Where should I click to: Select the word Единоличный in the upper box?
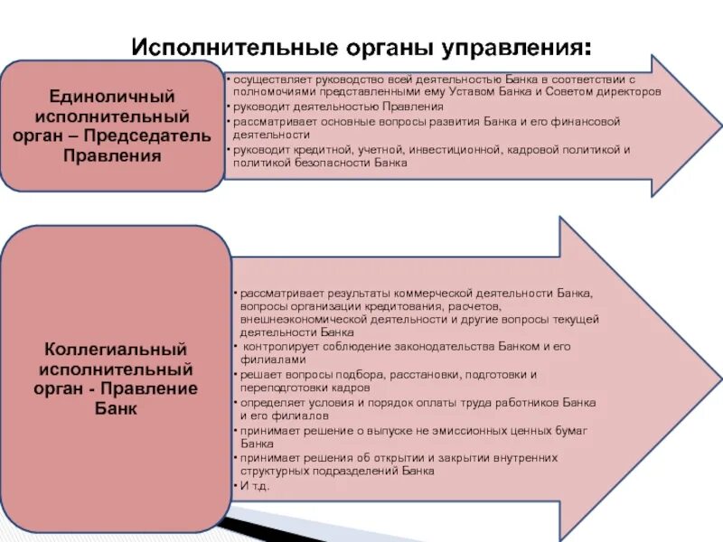pyautogui.click(x=112, y=97)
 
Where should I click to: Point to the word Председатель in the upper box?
pyautogui.click(x=163, y=136)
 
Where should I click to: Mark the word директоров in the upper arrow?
pyautogui.click(x=629, y=92)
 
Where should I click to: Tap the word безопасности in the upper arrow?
pyautogui.click(x=336, y=163)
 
